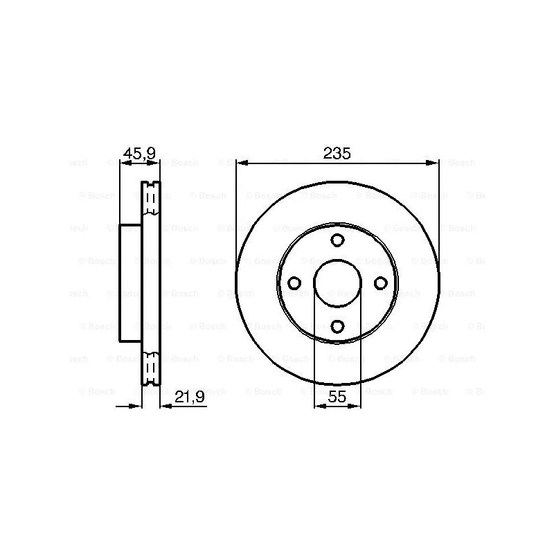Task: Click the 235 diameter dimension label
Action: point(337,153)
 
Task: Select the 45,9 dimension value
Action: point(139,153)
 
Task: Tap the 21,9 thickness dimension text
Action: point(190,397)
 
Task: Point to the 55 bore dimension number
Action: point(337,397)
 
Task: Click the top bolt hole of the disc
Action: point(337,240)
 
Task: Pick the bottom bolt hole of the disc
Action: point(337,326)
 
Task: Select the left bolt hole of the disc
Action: point(294,283)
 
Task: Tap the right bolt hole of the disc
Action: point(380,283)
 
